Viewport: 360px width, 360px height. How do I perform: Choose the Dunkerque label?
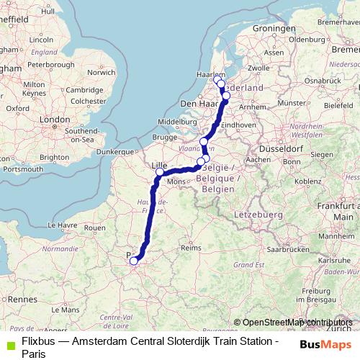[117, 152]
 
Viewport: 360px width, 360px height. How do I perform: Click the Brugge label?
[164, 137]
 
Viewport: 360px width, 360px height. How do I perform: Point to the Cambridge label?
[83, 89]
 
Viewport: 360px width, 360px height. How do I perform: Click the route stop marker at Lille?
[160, 173]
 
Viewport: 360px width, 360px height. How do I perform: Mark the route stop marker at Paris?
[133, 261]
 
